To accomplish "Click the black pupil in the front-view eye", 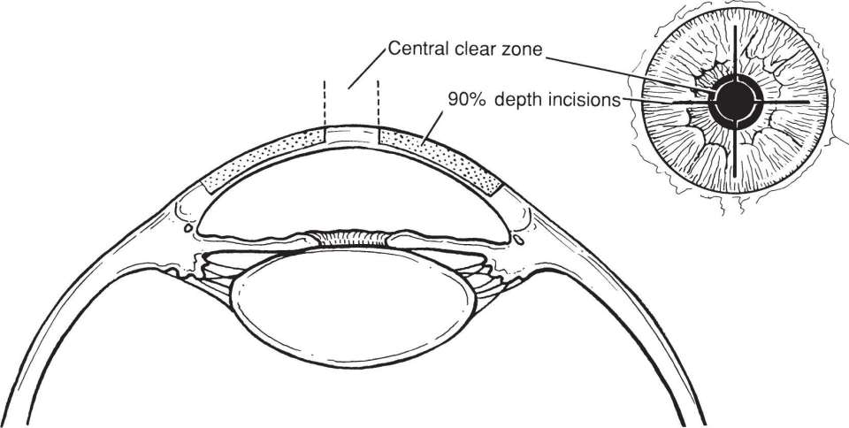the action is coord(735,101).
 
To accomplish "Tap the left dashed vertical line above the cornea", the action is coord(325,103).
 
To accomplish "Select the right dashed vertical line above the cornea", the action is coord(378,103).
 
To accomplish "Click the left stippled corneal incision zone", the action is coord(264,160).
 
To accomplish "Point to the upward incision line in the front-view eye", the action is coord(735,51).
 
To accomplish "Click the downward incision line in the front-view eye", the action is coord(735,149).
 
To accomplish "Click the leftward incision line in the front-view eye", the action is coord(692,102).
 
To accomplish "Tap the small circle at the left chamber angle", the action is coord(187,228).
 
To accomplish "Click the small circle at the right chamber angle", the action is coord(519,239).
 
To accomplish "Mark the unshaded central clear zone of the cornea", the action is coord(351,135).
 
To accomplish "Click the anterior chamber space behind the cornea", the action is coord(353,194).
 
